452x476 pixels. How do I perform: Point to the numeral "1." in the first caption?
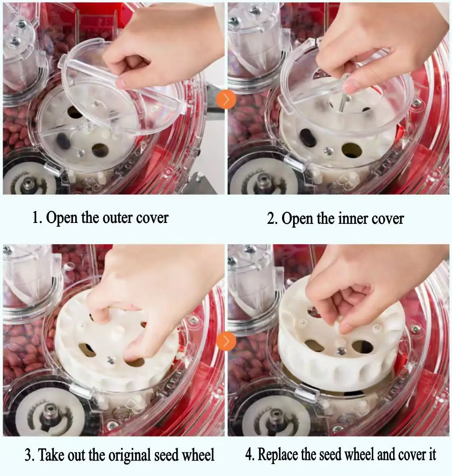point(37,218)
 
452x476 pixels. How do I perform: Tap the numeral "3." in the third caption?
point(30,455)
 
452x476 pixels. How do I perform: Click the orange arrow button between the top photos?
point(226,100)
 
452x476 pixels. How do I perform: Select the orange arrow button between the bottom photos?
point(226,342)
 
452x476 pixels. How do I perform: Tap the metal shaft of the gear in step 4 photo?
point(276,416)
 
